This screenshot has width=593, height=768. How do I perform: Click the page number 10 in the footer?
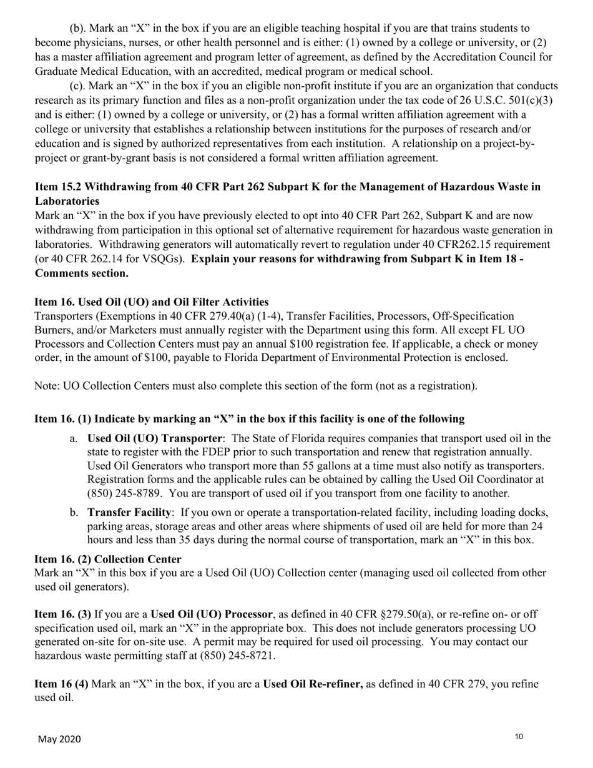pyautogui.click(x=519, y=737)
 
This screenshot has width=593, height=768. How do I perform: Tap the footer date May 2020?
pyautogui.click(x=59, y=739)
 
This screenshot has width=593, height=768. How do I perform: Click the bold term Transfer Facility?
pyautogui.click(x=129, y=513)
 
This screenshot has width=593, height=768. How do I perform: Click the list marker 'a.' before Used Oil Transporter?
pyautogui.click(x=74, y=438)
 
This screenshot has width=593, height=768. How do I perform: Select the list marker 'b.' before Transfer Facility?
pyautogui.click(x=74, y=513)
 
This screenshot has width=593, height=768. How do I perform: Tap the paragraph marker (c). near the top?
pyautogui.click(x=79, y=86)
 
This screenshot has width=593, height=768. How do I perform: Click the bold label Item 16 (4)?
pyautogui.click(x=61, y=684)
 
